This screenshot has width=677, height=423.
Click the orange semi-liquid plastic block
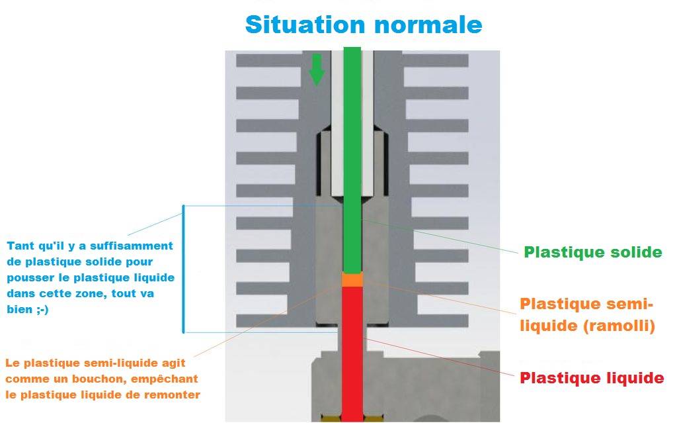(352, 281)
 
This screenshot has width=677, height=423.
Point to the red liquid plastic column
(352, 351)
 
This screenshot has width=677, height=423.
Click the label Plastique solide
(592, 252)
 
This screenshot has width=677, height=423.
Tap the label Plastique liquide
(591, 378)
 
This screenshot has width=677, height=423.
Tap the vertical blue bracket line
(182, 268)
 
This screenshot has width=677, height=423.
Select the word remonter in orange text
(173, 395)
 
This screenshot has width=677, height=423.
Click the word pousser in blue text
(28, 277)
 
